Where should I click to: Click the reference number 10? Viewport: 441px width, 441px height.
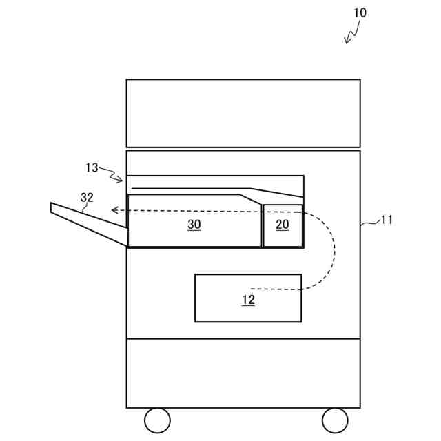coord(360,12)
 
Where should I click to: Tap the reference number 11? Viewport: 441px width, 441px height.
coord(387,220)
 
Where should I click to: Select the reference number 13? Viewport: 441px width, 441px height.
coord(92,167)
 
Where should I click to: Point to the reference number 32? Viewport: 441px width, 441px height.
coord(87,197)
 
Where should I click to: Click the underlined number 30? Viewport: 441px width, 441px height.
coord(194,225)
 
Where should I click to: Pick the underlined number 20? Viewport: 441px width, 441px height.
coord(283,225)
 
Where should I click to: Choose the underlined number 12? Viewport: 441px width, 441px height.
coord(248,300)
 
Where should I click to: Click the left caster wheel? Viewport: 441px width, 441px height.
coord(157,420)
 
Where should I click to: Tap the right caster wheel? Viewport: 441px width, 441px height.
coord(335,420)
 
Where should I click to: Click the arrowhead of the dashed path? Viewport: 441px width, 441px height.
coord(115,211)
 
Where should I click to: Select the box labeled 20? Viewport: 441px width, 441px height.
coord(283,235)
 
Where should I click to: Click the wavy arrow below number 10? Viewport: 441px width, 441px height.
coord(353,32)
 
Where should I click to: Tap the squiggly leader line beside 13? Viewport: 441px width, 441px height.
coord(112,174)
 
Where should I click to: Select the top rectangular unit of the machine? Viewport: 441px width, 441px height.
coord(243,113)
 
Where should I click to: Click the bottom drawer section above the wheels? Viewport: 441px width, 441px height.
coord(243,373)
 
